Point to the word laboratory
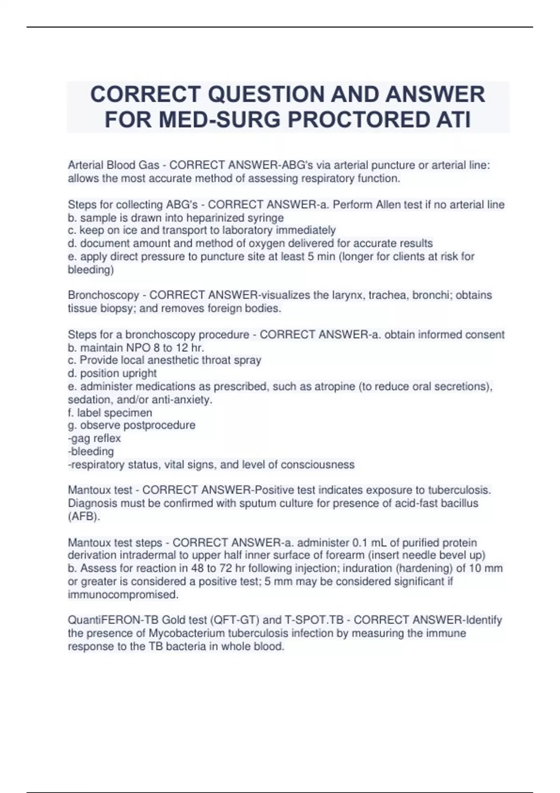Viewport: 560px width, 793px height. coord(246,230)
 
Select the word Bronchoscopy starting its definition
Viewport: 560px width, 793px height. coord(103,295)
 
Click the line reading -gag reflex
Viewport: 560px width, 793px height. coord(94,438)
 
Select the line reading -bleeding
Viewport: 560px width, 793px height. coord(91,452)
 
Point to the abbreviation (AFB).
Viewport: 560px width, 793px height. coord(84,516)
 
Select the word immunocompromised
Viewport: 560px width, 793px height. coord(123,595)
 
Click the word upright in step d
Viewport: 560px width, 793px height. coord(139,374)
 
